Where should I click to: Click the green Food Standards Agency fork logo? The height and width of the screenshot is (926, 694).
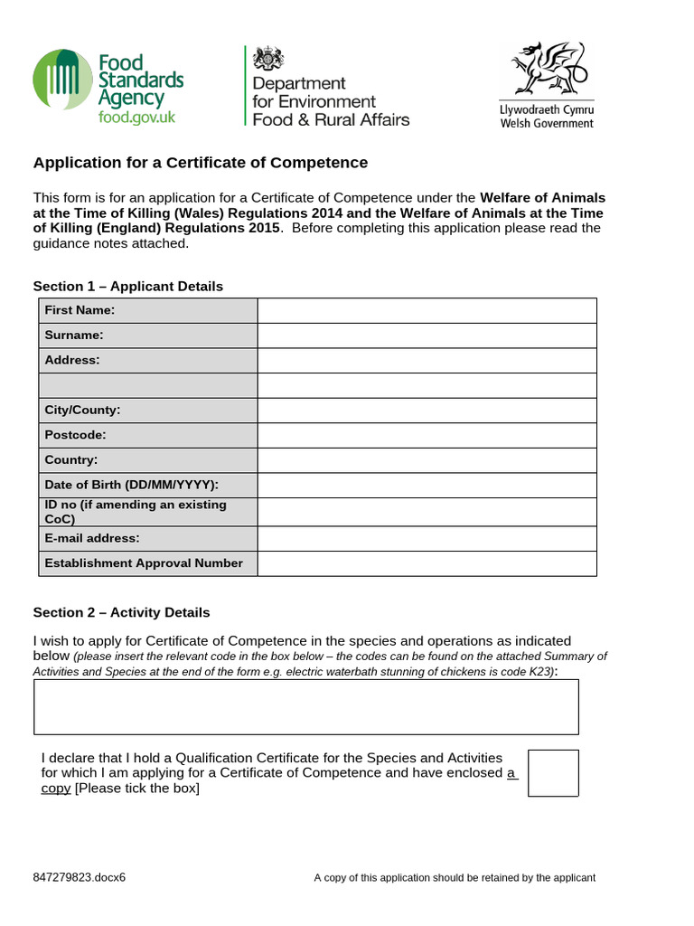[x=62, y=81]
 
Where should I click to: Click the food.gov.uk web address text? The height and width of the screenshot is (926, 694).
[x=137, y=118]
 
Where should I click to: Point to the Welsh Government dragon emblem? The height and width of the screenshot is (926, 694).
[x=547, y=70]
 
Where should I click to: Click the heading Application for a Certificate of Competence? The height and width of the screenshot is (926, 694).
[x=201, y=163]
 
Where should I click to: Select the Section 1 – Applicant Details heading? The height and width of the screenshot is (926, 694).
[x=128, y=286]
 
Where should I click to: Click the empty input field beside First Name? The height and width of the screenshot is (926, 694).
[x=427, y=310]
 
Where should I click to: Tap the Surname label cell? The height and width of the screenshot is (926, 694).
[x=147, y=335]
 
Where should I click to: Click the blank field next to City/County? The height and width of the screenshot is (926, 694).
[x=427, y=411]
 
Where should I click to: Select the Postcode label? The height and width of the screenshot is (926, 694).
[x=147, y=435]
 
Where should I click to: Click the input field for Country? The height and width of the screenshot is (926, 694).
[x=427, y=460]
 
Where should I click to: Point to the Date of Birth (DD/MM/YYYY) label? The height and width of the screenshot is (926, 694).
[x=147, y=485]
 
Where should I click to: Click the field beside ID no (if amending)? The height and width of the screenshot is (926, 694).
[x=427, y=512]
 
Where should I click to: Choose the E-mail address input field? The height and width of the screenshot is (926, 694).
[x=427, y=538]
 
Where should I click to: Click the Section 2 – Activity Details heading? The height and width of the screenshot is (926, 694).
[x=122, y=612]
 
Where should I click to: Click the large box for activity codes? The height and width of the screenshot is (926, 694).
[x=306, y=707]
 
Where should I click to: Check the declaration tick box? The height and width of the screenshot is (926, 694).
[x=553, y=772]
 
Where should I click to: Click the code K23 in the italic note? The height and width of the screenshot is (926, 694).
[x=540, y=672]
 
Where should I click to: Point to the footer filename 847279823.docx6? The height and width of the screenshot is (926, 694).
[x=80, y=877]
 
